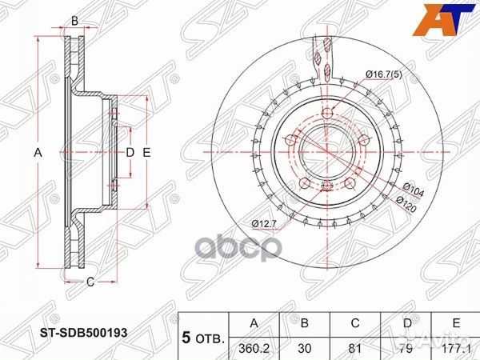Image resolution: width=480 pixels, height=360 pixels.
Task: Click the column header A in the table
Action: (254, 322)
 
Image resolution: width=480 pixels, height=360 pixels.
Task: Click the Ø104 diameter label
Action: (412, 189)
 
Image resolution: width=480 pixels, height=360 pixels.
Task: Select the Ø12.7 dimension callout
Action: (264, 222)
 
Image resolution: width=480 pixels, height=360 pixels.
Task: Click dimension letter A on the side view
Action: (37, 151)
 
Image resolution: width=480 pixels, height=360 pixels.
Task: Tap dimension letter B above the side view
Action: (74, 22)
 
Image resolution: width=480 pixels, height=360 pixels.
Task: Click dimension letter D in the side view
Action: (129, 151)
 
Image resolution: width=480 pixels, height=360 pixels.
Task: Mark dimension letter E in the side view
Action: (147, 151)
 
